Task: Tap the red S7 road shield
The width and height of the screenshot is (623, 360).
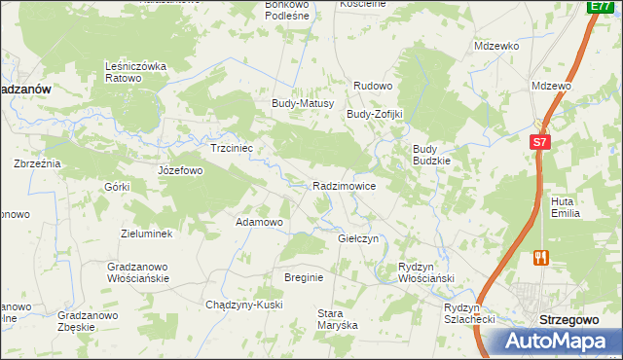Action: click(x=541, y=142)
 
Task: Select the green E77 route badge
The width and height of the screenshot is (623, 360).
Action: click(x=600, y=7)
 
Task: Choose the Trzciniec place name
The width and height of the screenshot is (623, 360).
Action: click(x=232, y=149)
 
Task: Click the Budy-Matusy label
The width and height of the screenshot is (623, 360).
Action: click(x=303, y=103)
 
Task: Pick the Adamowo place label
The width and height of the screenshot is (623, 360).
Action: click(x=259, y=222)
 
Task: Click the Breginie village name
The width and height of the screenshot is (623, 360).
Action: click(x=303, y=277)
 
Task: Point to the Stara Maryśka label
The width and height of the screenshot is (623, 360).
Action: click(x=338, y=319)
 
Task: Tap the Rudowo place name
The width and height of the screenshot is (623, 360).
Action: click(x=372, y=86)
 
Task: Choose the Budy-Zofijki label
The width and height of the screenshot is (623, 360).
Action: click(x=375, y=114)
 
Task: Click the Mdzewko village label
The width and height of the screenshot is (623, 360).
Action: click(x=496, y=46)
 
